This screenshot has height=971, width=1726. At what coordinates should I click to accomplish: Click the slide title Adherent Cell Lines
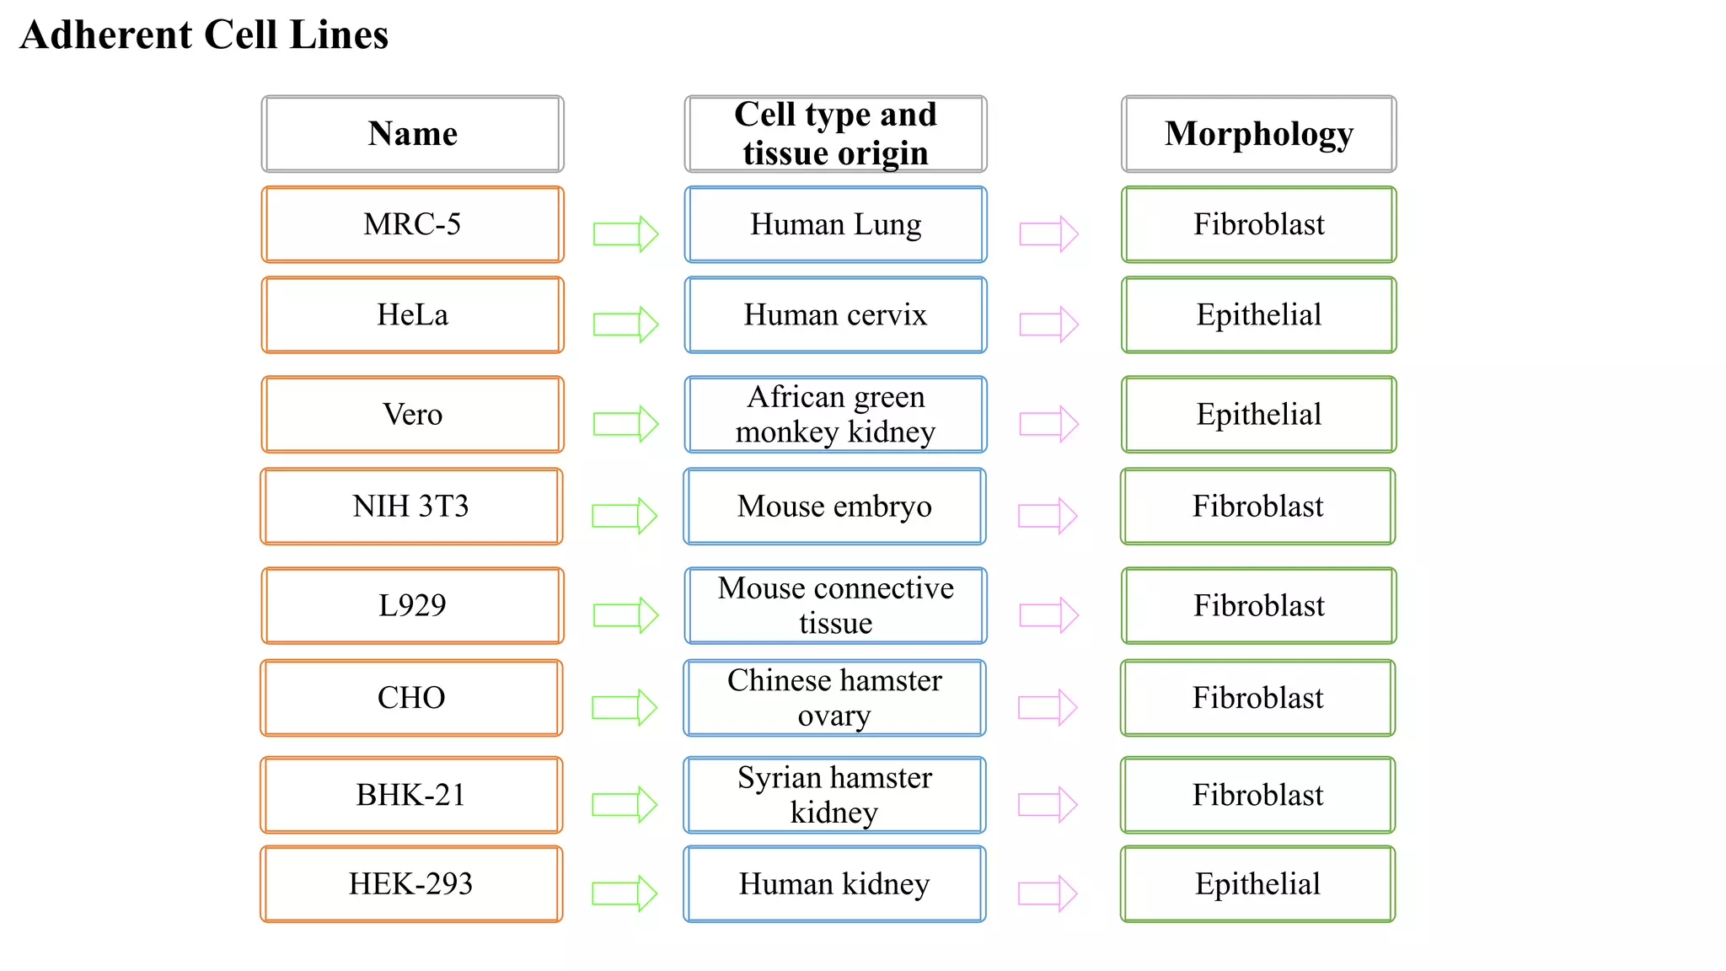coord(204,35)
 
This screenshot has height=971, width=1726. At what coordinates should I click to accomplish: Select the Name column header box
coord(412,134)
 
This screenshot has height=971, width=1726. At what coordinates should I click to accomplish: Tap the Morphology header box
coord(1258,134)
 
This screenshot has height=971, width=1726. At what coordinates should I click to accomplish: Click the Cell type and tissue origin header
coord(835,134)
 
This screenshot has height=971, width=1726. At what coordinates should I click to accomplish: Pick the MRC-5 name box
coord(412,224)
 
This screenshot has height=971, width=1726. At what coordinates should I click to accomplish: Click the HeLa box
coord(412,314)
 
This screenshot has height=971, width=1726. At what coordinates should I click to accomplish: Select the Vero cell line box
coord(412,414)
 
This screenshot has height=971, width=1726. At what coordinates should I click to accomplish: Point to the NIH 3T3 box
coord(411,506)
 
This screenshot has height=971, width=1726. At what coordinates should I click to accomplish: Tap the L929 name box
coord(412,605)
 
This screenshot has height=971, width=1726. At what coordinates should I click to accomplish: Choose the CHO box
coord(411,697)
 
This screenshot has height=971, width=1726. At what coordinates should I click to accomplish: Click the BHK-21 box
coord(411,794)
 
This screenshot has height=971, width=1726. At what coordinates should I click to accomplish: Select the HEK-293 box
coord(411,883)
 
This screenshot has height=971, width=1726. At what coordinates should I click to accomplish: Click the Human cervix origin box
coord(835,314)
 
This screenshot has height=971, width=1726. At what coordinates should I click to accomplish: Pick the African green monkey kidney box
coord(835,414)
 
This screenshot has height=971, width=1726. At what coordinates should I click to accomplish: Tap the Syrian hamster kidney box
coord(834,794)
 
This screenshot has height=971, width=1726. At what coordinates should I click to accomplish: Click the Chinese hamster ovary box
coord(834,697)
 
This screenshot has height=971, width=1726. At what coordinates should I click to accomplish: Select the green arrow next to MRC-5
coord(625,233)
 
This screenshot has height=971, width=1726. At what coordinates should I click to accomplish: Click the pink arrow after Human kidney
coord(1048,893)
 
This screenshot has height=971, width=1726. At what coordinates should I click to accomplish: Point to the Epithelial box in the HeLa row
coord(1258,314)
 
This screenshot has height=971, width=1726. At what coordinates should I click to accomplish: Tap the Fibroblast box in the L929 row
coord(1258,605)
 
